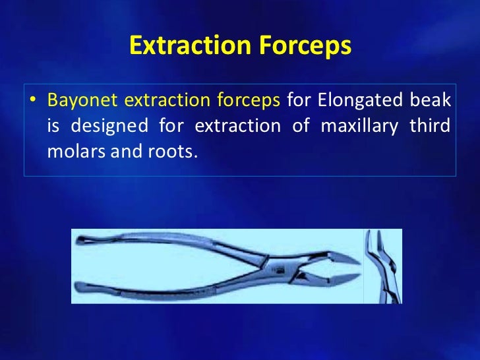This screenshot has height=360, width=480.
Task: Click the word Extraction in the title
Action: pyautogui.click(x=183, y=46)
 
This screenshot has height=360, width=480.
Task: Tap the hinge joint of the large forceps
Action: pyautogui.click(x=272, y=266)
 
